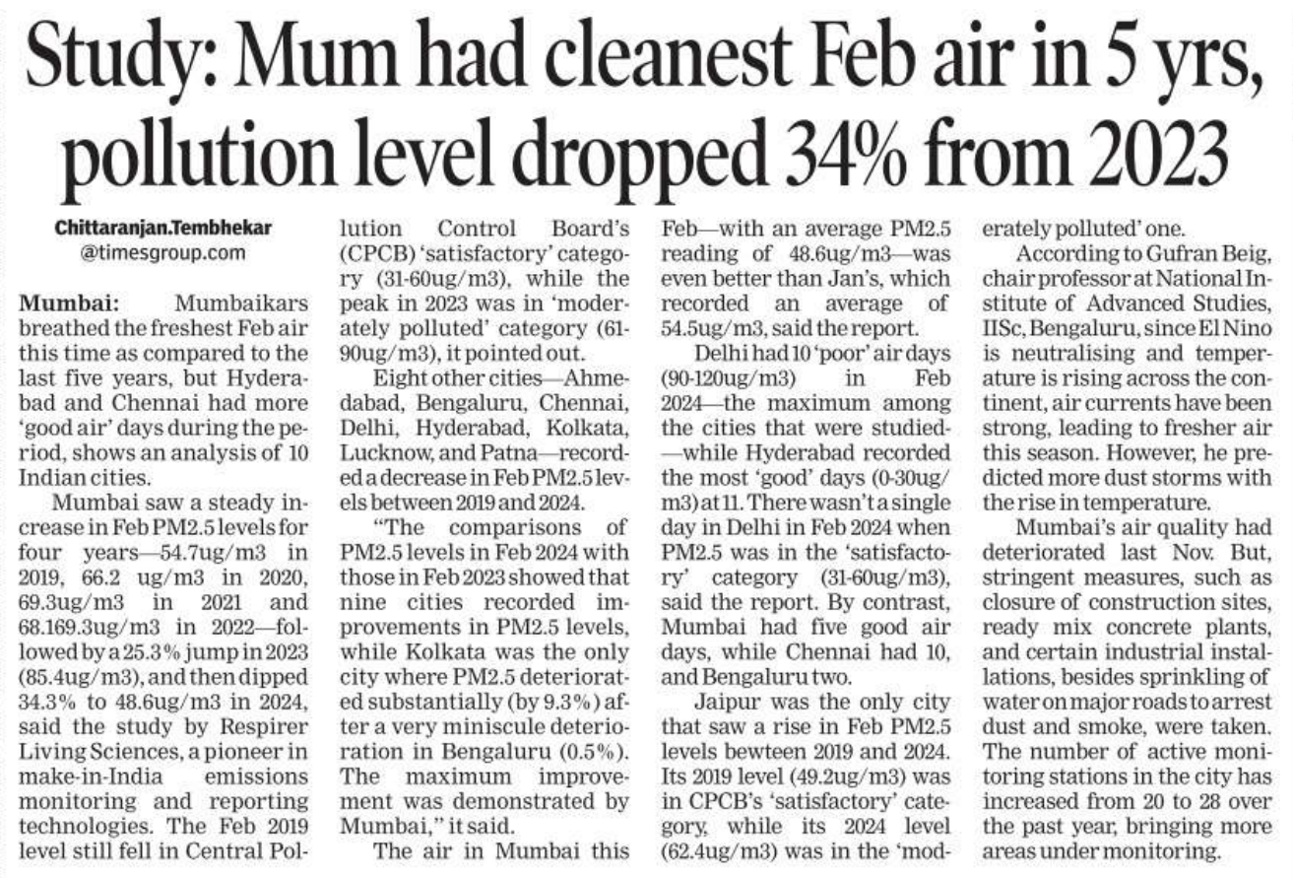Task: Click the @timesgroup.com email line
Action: coord(151,252)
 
